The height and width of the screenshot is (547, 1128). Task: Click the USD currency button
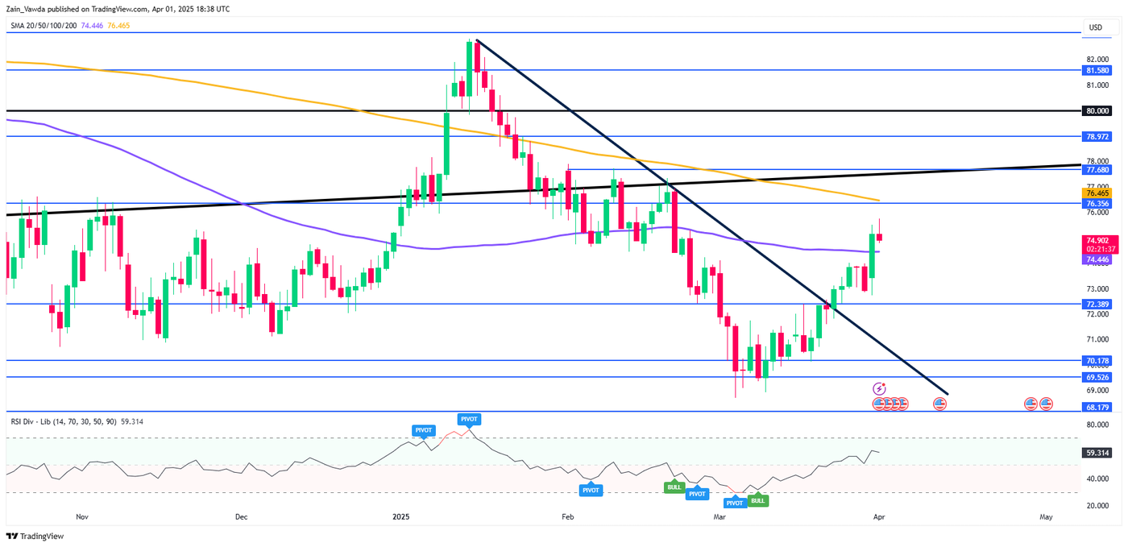pyautogui.click(x=1095, y=27)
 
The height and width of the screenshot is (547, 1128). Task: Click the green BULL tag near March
pyautogui.click(x=757, y=500)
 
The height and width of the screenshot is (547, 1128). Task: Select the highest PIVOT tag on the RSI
pyautogui.click(x=469, y=419)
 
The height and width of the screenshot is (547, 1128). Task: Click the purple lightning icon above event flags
pyautogui.click(x=879, y=388)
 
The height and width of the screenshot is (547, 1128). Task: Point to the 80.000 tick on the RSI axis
pyautogui.click(x=1096, y=438)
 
